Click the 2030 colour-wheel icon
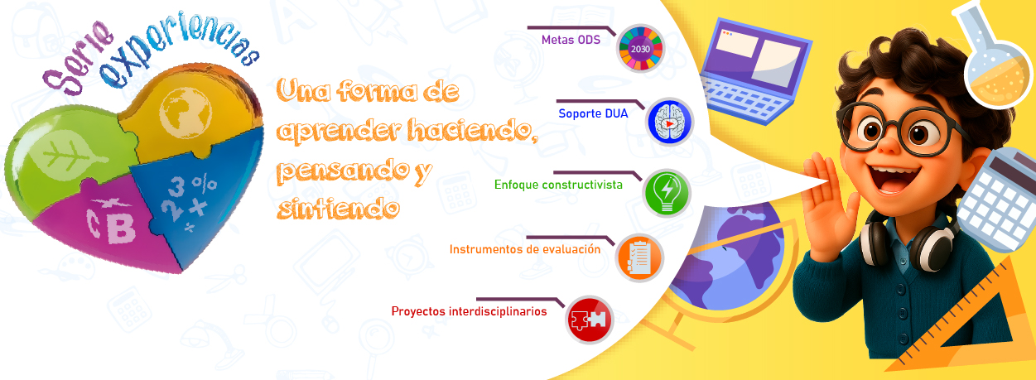pos(640,49)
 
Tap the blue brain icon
pos(669,122)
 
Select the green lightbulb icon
pos(667,193)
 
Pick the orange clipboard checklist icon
pos(639,258)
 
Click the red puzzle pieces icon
pos(590,320)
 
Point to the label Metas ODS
pos(571,40)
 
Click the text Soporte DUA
pos(593,113)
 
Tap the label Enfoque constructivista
pos(558,185)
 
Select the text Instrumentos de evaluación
pos(525,249)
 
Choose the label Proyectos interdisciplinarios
pos(469,311)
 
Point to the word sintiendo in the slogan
pos(339,209)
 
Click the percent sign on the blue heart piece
pos(205,184)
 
